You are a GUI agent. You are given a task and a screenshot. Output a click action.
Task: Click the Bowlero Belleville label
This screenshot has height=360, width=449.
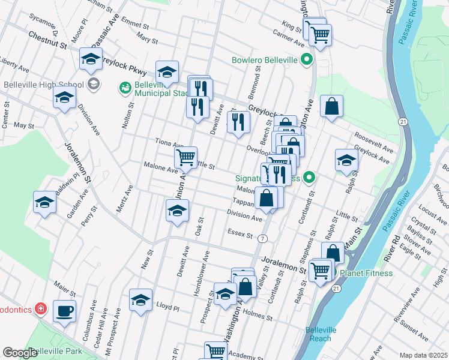(x=265, y=60)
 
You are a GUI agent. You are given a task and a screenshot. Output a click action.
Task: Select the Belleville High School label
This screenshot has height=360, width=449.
(x=41, y=83)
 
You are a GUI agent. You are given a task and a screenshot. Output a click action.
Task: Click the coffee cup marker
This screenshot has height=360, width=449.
(x=64, y=311)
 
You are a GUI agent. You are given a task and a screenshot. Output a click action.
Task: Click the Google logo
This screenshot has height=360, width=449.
(x=20, y=353)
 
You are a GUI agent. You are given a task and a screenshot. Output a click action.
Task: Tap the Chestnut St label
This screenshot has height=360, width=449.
(x=46, y=40)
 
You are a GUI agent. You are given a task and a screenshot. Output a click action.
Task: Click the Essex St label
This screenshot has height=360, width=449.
(x=240, y=233)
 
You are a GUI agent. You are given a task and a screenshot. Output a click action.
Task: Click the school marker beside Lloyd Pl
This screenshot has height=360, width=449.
(x=140, y=300)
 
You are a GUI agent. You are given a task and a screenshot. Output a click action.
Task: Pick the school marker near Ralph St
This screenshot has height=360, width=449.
(x=346, y=160)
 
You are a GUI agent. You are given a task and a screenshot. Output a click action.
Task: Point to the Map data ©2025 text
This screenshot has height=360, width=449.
(x=424, y=355)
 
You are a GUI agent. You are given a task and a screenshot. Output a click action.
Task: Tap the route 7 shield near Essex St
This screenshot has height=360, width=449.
(x=262, y=239)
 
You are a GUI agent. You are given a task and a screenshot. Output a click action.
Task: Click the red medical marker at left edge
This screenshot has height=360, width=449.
(x=40, y=309)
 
